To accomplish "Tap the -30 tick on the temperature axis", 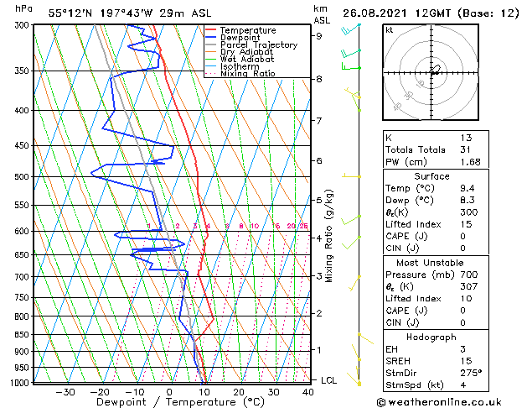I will [x=64, y=391].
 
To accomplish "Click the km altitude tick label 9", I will [x=318, y=36].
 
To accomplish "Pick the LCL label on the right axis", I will [x=330, y=380].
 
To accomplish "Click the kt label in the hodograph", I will [x=389, y=31].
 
